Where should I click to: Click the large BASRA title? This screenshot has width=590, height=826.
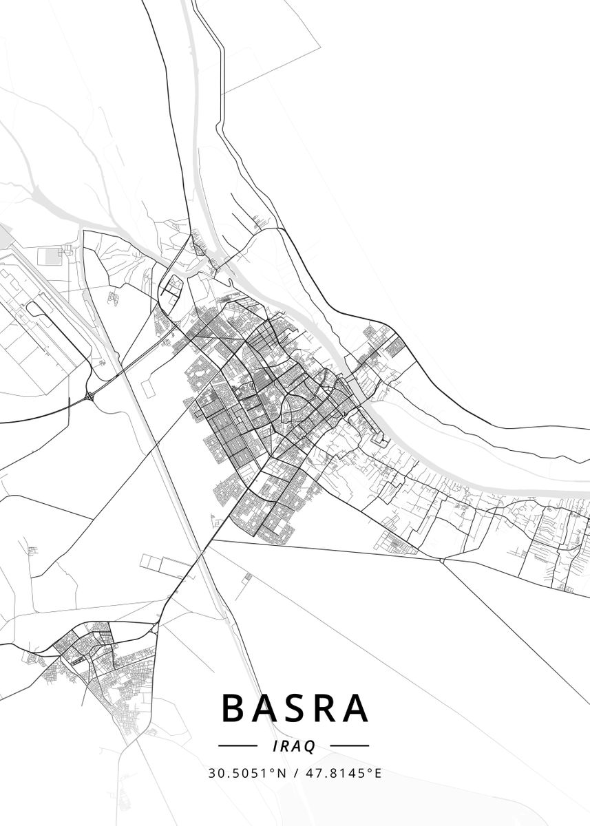click(295, 708)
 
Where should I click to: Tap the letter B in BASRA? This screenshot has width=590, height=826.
click(234, 708)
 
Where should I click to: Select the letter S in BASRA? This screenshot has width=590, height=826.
click(295, 708)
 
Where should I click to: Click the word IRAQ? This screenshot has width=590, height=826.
click(294, 745)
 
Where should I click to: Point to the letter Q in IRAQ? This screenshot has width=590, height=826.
click(310, 746)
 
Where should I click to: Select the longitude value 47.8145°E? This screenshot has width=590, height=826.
click(342, 773)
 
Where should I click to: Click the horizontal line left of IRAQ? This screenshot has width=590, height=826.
click(238, 745)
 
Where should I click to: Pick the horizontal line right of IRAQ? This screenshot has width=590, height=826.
click(349, 745)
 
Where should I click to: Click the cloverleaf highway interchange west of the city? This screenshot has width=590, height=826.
click(90, 396)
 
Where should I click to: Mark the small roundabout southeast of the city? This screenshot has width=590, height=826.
click(442, 561)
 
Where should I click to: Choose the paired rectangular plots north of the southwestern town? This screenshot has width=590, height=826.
click(165, 566)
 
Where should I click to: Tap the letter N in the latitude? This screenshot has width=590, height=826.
click(281, 773)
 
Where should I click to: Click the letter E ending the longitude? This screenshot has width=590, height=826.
click(377, 773)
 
